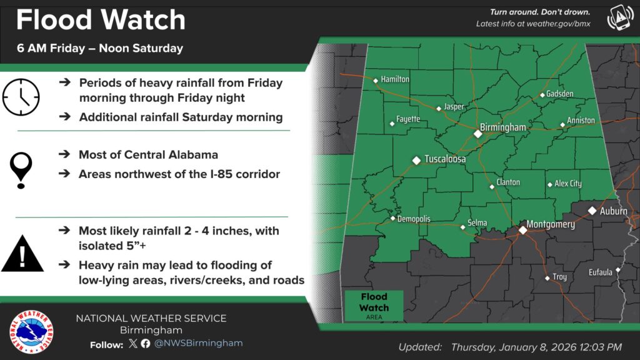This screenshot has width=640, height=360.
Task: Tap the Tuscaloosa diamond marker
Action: (416, 161)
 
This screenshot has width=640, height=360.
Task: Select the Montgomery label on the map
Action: (551, 224)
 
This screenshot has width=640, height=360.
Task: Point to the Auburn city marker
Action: (592, 211)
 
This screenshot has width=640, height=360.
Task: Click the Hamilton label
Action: (395, 79)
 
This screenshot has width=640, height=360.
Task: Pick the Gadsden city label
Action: (559, 94)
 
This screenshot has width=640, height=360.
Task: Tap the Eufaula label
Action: (600, 272)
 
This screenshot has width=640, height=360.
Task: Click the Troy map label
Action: (559, 276)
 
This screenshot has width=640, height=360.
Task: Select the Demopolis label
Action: (414, 219)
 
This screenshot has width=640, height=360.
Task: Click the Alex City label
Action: (568, 184)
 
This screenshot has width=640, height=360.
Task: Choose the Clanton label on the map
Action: (508, 183)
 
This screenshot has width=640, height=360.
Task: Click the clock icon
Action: (21, 97)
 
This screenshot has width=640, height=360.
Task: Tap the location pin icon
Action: (21, 168)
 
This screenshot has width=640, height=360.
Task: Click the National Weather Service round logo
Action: (31, 331)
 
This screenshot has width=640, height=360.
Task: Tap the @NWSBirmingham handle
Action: (199, 343)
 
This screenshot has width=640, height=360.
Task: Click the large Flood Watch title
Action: (101, 20)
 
